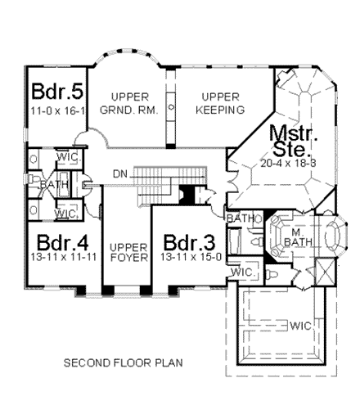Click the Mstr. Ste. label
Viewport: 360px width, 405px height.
coord(286,140)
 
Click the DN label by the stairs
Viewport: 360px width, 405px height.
coord(120,173)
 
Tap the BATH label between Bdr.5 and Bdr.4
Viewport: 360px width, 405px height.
coord(58,185)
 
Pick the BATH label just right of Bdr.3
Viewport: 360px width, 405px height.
coord(241,218)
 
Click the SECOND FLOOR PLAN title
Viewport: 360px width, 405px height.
coord(123,361)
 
